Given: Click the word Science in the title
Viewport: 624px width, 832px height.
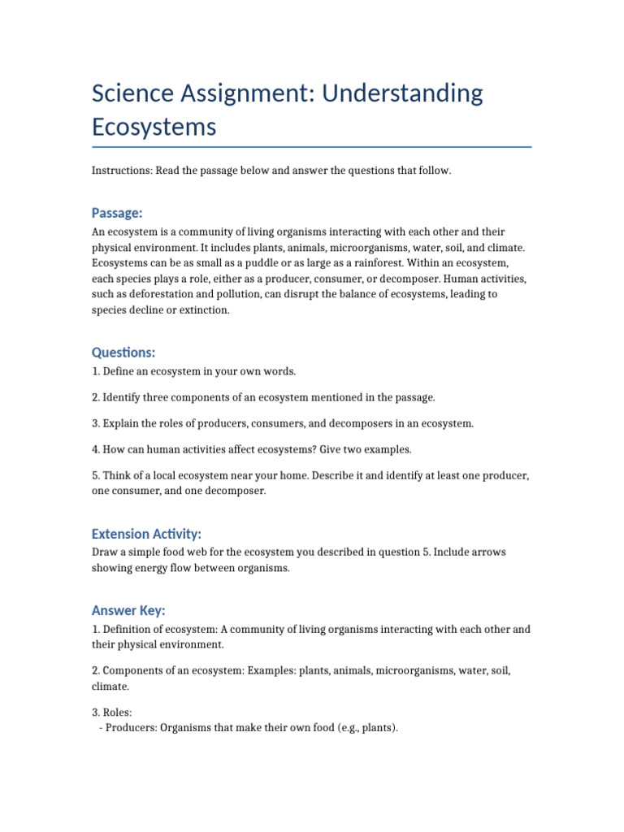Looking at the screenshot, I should coord(133,93).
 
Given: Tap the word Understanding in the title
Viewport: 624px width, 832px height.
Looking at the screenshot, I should coord(402,93).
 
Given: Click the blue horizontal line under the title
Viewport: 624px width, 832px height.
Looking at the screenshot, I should coord(312,147).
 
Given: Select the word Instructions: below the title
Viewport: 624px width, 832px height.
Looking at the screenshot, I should coord(124,171).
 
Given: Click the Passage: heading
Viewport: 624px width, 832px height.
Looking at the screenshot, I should coord(117,213).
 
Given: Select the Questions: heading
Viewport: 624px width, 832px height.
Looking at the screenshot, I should coord(123,353).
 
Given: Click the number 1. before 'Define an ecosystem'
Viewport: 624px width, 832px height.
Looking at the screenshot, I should coord(96,371).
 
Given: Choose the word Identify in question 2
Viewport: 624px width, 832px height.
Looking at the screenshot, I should coord(123,397).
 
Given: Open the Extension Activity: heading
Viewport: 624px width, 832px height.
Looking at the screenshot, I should coord(146,534).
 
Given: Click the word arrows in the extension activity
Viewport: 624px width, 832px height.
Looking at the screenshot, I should coord(489,552).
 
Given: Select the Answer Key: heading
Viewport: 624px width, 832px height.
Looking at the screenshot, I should coord(128,610).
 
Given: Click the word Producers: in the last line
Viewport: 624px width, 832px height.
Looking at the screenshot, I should coord(130,728).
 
